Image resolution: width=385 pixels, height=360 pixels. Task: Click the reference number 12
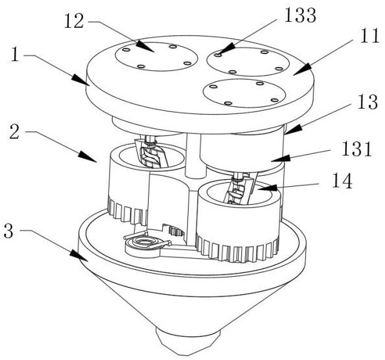(73, 21)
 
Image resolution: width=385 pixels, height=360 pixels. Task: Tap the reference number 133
(299, 15)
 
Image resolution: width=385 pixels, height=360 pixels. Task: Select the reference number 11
(370, 36)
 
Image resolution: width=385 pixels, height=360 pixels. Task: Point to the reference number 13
(367, 102)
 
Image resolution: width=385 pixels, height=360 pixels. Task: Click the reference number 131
(357, 149)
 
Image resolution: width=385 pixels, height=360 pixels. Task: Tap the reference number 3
(8, 231)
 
